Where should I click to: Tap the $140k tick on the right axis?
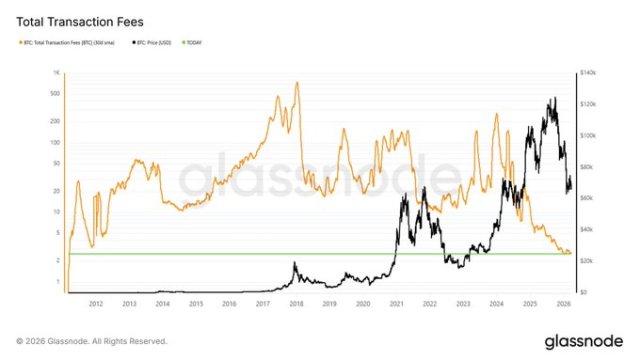587,74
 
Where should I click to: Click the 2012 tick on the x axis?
96,302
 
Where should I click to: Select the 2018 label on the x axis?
296,302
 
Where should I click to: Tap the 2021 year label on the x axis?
396,302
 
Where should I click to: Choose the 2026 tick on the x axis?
562,302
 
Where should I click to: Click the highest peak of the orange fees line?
297,82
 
